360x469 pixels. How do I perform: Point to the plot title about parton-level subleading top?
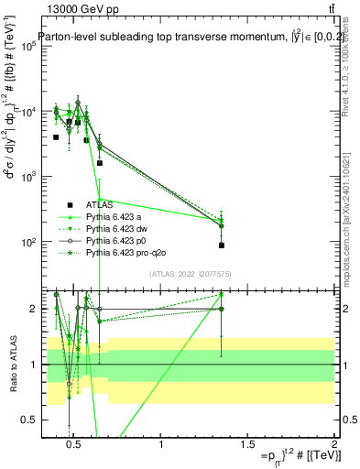coord(183,38)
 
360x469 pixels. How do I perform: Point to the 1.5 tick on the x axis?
coord(247,446)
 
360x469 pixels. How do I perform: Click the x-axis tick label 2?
coord(333,446)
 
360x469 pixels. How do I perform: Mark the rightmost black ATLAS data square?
coord(222,245)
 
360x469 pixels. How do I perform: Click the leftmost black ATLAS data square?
coord(56,137)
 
